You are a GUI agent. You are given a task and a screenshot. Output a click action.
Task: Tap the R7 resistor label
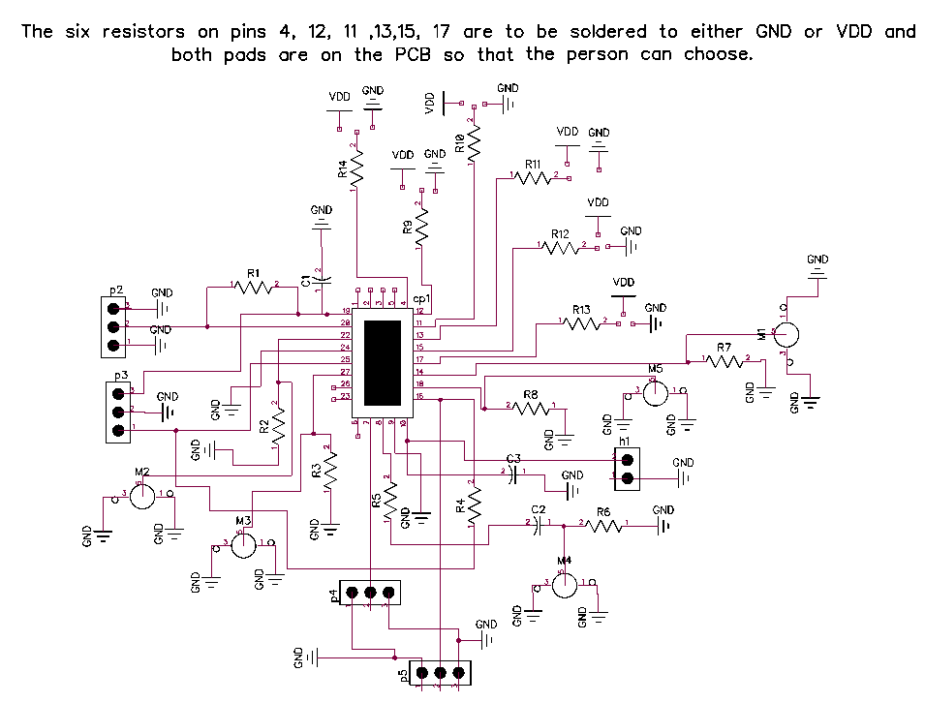click(x=724, y=347)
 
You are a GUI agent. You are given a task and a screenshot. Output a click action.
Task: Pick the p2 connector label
click(x=116, y=290)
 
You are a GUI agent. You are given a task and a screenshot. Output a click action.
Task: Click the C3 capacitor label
click(x=513, y=458)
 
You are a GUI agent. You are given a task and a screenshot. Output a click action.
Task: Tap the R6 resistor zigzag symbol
click(x=603, y=526)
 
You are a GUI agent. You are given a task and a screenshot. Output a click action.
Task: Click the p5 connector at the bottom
click(x=439, y=672)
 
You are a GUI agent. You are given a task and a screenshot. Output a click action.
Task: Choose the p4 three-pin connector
click(x=369, y=592)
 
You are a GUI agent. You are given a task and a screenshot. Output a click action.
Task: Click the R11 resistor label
click(x=533, y=166)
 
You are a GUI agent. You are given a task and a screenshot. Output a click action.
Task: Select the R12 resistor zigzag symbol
click(x=561, y=248)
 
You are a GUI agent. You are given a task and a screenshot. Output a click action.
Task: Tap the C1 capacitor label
click(x=306, y=281)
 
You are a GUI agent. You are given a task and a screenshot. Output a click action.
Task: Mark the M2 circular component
click(x=142, y=497)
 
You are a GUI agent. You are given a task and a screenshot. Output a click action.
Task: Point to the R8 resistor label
click(x=530, y=395)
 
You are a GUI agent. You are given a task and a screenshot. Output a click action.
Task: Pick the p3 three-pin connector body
click(x=118, y=412)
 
